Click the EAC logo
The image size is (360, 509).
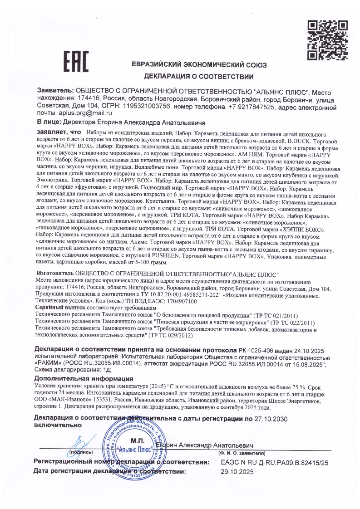[x=76, y=63]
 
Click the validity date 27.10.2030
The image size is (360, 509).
[x=271, y=418]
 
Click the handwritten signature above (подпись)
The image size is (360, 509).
[x=82, y=442]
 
